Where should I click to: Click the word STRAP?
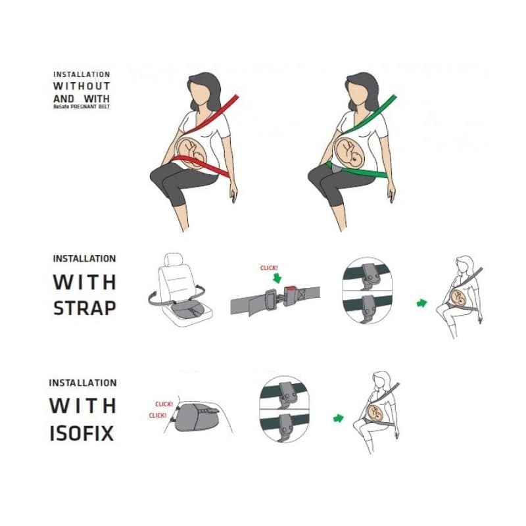pyautogui.click(x=85, y=308)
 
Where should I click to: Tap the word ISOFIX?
pyautogui.click(x=82, y=433)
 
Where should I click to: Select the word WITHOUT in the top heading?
pyautogui.click(x=82, y=86)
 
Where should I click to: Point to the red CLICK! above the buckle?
pyautogui.click(x=269, y=268)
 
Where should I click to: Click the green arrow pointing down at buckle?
pyautogui.click(x=277, y=278)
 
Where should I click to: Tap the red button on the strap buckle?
pyautogui.click(x=290, y=287)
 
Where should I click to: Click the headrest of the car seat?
pyautogui.click(x=174, y=260)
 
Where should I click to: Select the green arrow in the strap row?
pyautogui.click(x=422, y=302)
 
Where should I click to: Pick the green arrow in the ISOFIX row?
pyautogui.click(x=339, y=418)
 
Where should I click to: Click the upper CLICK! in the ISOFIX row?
pyautogui.click(x=164, y=404)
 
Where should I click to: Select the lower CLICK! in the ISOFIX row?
pyautogui.click(x=158, y=416)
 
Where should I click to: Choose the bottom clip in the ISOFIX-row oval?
pyautogui.click(x=286, y=427)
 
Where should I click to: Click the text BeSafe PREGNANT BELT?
pyautogui.click(x=82, y=107)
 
